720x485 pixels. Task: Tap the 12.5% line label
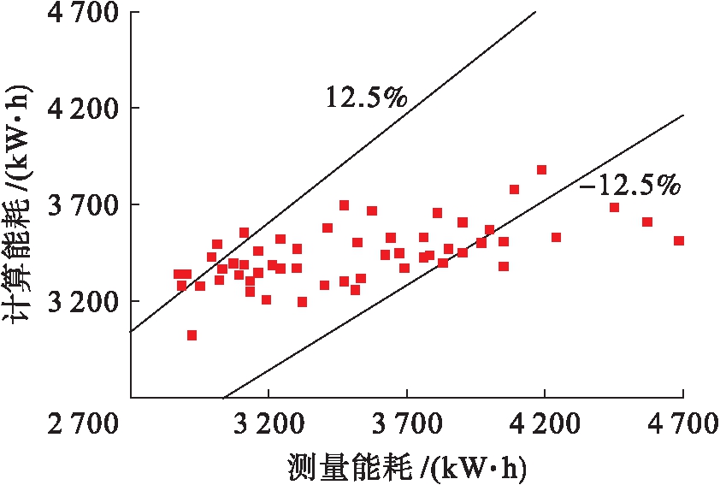tap(365, 97)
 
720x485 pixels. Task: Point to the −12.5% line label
tap(629, 184)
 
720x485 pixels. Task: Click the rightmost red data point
tap(679, 241)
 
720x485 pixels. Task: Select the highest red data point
tap(541, 169)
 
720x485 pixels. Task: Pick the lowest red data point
tap(192, 335)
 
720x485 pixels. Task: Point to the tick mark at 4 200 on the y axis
tap(135, 109)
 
